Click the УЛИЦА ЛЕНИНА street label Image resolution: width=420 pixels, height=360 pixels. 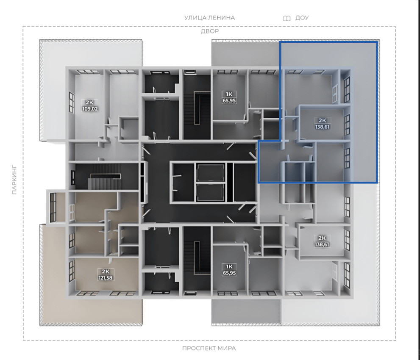pyautogui.click(x=209, y=18)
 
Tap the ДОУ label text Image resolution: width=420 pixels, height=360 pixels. pyautogui.click(x=302, y=18)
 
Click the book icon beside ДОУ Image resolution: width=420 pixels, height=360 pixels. pyautogui.click(x=286, y=18)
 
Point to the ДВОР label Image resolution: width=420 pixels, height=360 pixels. pyautogui.click(x=210, y=31)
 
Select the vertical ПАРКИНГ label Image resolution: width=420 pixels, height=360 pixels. pyautogui.click(x=14, y=180)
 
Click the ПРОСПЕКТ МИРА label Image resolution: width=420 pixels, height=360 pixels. pyautogui.click(x=209, y=348)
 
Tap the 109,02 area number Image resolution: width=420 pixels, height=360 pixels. pyautogui.click(x=90, y=109)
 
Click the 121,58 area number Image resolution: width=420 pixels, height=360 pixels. pyautogui.click(x=105, y=278)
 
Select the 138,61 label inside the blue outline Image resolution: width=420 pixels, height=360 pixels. pyautogui.click(x=322, y=127)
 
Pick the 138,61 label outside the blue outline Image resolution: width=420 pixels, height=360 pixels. pyautogui.click(x=322, y=244)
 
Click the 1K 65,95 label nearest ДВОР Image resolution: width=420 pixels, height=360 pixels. pyautogui.click(x=229, y=97)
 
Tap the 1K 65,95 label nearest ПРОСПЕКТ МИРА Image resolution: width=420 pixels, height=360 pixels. pyautogui.click(x=229, y=270)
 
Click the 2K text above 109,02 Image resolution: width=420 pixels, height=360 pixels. pyautogui.click(x=89, y=102)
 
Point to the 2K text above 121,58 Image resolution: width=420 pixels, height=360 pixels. pyautogui.click(x=106, y=271)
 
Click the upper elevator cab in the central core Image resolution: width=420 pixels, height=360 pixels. pyautogui.click(x=210, y=173)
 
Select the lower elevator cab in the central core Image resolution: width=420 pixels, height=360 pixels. pyautogui.click(x=210, y=192)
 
